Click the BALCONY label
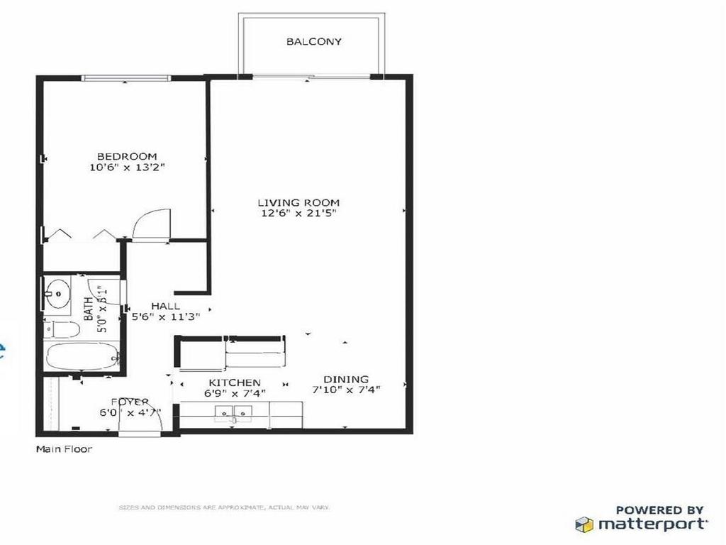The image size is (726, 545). tap(313, 42)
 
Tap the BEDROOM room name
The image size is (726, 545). tap(127, 156)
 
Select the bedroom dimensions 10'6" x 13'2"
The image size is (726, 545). tap(127, 168)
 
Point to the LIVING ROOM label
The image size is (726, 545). tap(298, 202)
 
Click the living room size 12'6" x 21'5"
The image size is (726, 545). tap(298, 214)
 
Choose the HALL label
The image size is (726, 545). tap(165, 306)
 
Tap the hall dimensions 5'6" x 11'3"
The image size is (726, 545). tap(166, 317)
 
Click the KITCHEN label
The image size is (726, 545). tap(234, 382)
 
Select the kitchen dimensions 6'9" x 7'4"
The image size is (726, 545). tap(234, 394)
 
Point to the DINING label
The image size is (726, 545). tap(346, 380)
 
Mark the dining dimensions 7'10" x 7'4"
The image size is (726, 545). tap(346, 390)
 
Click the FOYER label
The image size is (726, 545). tap(129, 402)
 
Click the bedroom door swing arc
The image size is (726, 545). tap(151, 224)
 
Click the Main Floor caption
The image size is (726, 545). tap(64, 449)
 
